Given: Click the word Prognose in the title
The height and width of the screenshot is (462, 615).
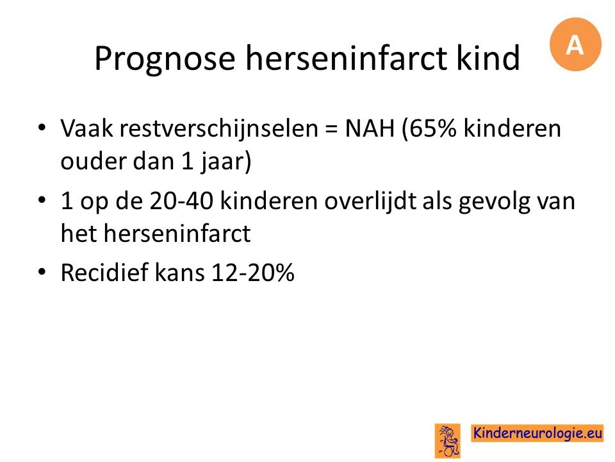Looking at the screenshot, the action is [165, 59].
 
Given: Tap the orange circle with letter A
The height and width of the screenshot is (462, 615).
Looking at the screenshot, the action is [575, 44].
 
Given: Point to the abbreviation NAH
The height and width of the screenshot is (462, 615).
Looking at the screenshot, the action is [370, 128].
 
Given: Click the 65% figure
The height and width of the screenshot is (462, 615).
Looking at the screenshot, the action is [429, 129].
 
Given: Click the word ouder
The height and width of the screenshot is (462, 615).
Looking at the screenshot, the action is [93, 161].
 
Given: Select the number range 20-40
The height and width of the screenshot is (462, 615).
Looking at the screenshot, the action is [181, 201].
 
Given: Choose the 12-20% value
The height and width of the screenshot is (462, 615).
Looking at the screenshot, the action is [253, 273].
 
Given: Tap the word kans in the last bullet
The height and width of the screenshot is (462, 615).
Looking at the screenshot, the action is [180, 273].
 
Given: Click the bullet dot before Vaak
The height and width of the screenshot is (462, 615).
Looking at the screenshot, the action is [42, 128].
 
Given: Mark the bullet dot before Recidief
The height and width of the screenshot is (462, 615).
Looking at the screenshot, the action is [42, 272].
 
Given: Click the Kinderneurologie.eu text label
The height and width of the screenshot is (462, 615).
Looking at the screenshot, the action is [537, 433].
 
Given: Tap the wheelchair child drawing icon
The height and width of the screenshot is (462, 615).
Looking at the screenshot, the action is [448, 441].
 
